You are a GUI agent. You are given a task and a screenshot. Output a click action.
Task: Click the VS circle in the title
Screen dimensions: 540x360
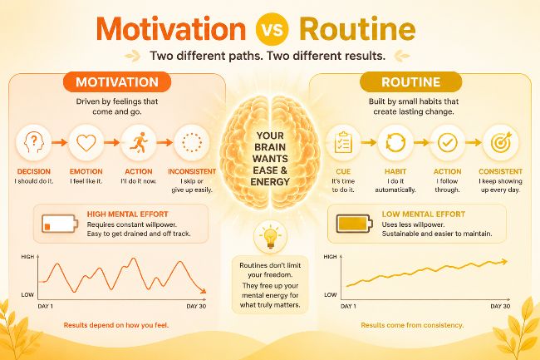272,29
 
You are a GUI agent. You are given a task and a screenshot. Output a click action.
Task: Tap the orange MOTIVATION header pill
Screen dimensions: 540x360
117,82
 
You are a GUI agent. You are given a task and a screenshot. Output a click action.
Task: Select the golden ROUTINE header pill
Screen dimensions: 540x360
411,82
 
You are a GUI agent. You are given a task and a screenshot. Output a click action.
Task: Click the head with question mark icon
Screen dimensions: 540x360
34,143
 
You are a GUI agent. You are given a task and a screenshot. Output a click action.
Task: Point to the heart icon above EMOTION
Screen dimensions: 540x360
86,143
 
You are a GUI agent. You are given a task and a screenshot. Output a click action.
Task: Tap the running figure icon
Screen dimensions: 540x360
139,142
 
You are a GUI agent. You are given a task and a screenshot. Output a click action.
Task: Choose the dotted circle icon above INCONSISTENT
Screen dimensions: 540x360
192,142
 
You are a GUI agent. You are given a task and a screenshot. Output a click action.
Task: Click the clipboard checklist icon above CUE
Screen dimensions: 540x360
343,142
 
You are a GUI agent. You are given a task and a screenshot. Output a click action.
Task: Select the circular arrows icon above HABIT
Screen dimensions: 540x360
395,142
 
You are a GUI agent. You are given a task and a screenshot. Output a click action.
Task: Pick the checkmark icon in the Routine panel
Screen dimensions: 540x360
447,142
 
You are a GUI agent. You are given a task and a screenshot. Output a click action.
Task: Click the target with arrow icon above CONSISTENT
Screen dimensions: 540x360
501,142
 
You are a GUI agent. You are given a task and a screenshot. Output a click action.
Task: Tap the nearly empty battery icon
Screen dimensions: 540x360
60,224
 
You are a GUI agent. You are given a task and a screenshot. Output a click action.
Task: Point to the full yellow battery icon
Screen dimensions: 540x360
355,224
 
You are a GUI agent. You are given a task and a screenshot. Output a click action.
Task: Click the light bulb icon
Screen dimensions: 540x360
270,238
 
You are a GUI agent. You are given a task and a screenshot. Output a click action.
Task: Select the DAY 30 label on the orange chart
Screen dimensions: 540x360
196,306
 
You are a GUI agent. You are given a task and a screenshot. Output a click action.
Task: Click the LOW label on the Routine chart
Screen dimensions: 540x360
331,294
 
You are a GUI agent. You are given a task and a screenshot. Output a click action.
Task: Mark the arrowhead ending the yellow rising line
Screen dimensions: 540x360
505,262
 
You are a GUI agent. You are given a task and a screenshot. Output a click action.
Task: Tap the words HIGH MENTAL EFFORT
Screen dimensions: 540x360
127,214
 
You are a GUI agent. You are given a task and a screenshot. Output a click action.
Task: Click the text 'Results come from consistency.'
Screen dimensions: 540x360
412,325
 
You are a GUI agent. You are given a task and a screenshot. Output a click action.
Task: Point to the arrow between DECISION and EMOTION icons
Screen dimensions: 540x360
60,142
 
